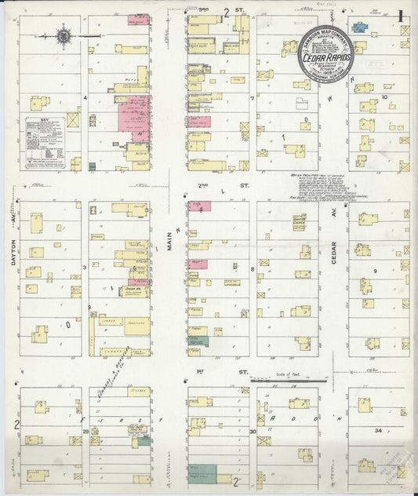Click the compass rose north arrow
[64, 35]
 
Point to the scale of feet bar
[286, 380]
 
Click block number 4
[83, 97]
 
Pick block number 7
[252, 99]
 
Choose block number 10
[384, 97]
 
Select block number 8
[252, 269]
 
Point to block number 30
[253, 432]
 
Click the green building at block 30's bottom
[203, 474]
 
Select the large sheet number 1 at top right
[401, 15]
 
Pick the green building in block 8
[198, 341]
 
